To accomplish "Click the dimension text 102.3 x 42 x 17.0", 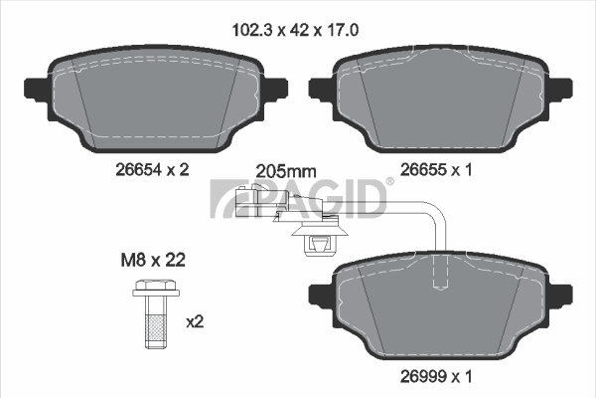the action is click(x=295, y=30).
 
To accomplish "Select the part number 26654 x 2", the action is click(x=152, y=170).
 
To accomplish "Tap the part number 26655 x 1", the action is click(x=436, y=170).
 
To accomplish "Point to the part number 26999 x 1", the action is click(x=436, y=377).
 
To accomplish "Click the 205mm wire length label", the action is click(x=286, y=172).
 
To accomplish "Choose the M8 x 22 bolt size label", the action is click(x=153, y=260).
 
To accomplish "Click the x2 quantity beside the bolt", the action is click(x=195, y=322).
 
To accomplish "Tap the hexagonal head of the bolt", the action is click(x=156, y=288).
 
